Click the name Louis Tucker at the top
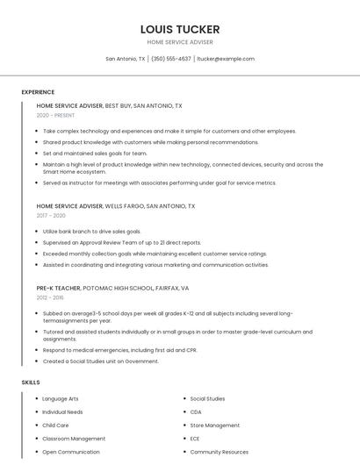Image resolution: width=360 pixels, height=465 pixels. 180,29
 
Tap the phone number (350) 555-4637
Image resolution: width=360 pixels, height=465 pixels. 170,59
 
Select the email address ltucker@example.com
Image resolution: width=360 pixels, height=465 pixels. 226,59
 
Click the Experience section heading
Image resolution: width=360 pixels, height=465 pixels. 38,92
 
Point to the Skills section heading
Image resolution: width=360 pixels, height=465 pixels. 31,383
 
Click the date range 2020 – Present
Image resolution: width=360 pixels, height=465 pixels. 55,115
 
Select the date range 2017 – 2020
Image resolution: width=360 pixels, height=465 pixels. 51,215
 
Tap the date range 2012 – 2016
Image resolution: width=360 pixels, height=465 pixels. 50,297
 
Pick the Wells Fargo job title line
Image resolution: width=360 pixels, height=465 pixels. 116,205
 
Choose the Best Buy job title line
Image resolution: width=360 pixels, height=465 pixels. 109,105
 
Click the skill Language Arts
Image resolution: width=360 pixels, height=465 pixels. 61,398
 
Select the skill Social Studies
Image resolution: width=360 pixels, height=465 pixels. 207,398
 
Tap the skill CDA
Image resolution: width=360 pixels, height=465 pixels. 196,411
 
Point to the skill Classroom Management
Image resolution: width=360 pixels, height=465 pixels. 74,439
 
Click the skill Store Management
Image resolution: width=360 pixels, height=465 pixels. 214,426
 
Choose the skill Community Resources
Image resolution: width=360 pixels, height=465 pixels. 219,452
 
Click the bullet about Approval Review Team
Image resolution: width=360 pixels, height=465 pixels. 121,242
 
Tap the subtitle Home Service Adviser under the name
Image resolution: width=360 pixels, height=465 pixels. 180,42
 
